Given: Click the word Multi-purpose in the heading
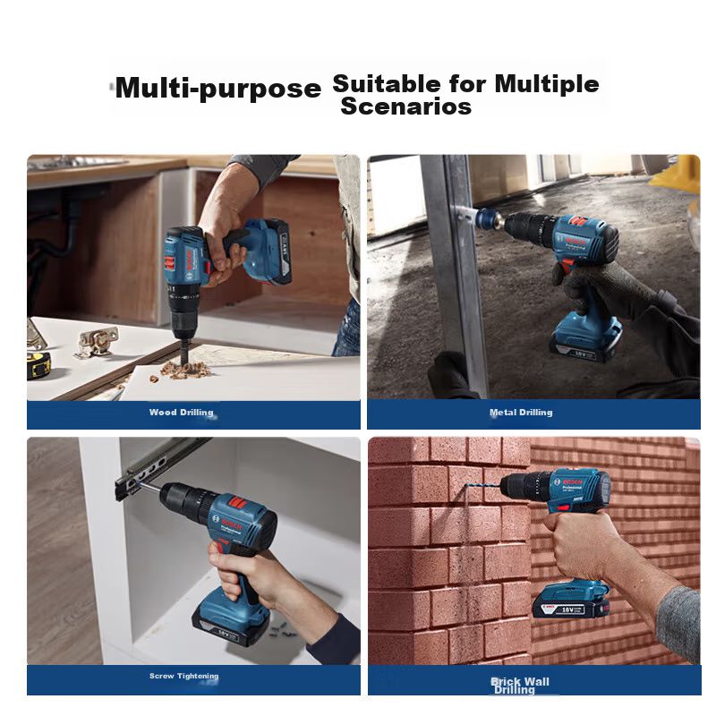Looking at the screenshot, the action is [218, 87].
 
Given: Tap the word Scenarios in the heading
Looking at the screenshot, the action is [406, 106].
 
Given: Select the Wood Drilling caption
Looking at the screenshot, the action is [182, 413].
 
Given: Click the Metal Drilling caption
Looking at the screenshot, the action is [521, 413].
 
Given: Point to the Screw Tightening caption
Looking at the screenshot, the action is [184, 676].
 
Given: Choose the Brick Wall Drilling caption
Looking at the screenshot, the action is [520, 686].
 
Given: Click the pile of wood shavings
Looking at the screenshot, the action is [185, 369].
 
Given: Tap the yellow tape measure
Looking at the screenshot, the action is [38, 364].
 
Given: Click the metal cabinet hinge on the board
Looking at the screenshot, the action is [97, 341].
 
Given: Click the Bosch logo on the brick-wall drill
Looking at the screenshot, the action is [572, 482].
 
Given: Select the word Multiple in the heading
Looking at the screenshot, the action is [547, 83].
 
